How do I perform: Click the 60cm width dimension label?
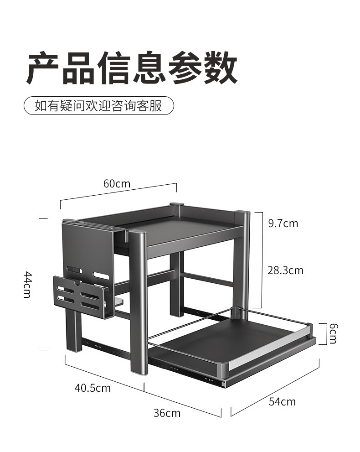pos(117,184)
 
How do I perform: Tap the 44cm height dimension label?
pos(27,284)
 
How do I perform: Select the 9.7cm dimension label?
pos(283,223)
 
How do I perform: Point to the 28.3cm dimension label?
pos(285,270)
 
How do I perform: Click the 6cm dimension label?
pos(333,333)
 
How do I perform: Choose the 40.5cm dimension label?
pos(93,388)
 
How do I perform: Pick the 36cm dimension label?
pos(167,413)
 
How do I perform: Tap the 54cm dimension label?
pos(282,402)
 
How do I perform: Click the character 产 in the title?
pos(44,68)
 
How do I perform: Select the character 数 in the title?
pos(221,68)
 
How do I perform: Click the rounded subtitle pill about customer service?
pos(99,106)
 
